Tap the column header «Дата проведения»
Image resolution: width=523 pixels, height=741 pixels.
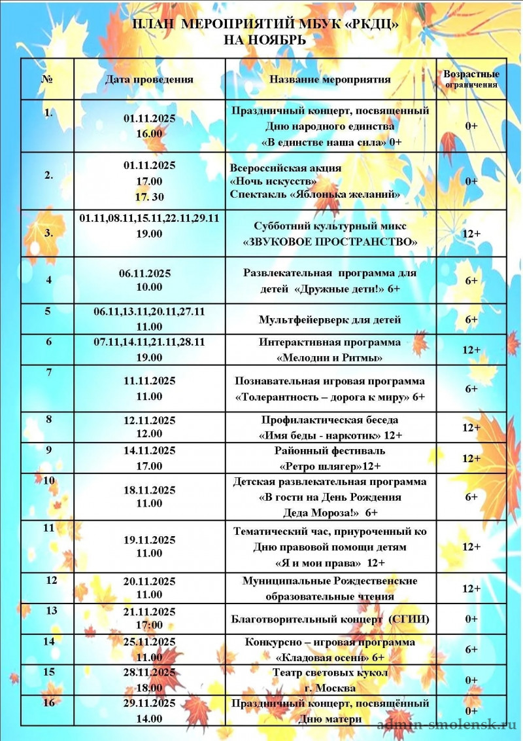149,80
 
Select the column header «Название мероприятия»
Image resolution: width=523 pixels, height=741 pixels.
330,80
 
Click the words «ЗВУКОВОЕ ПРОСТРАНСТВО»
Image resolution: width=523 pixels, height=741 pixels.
330,242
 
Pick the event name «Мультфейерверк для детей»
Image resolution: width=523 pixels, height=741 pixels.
329,320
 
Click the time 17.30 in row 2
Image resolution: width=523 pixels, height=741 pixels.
149,196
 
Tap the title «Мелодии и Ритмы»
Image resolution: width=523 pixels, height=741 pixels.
329,358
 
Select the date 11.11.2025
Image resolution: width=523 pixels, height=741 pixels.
149,381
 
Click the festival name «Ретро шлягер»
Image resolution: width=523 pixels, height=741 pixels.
320,466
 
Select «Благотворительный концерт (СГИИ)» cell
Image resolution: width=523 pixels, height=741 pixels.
330,619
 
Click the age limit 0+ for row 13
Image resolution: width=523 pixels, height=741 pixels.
471,619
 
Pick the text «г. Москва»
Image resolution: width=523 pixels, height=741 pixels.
330,688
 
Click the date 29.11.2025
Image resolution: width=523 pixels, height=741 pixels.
149,704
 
